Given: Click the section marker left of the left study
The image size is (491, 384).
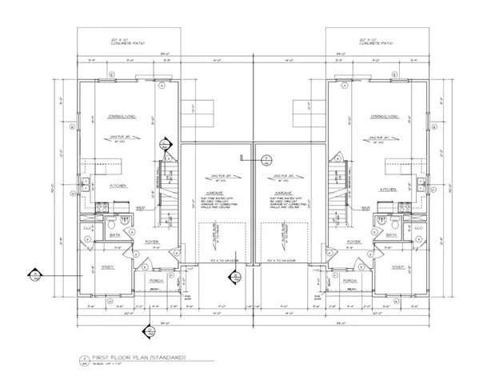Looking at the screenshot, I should [35, 276].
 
